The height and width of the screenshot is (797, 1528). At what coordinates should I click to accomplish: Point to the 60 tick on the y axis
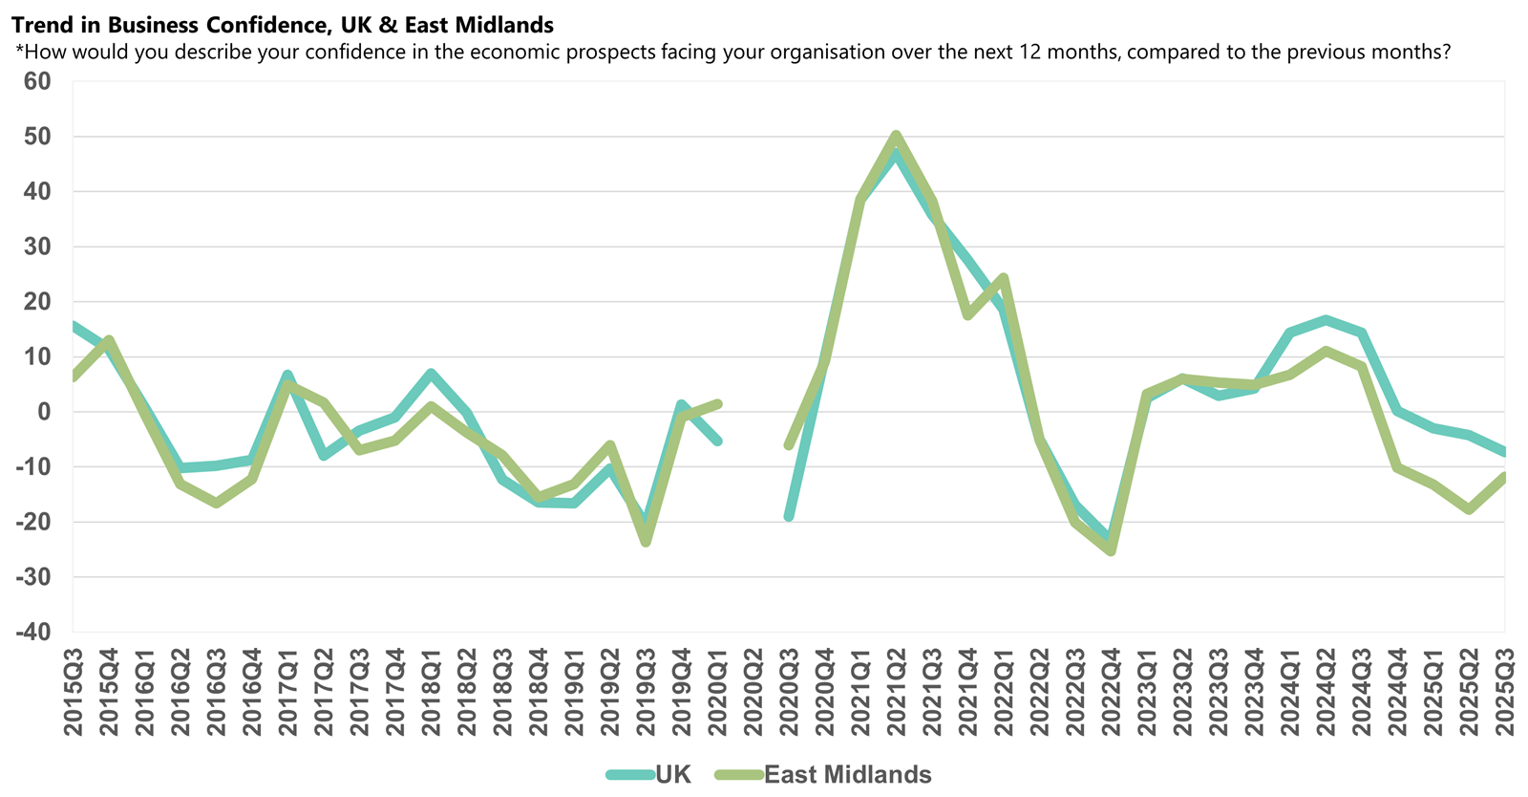click(x=37, y=81)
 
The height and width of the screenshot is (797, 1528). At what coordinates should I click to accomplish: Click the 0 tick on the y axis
click(x=44, y=412)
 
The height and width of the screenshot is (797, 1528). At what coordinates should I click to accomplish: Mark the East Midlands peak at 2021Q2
click(x=896, y=135)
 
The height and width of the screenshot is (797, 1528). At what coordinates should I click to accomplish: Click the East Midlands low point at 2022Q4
click(x=1111, y=551)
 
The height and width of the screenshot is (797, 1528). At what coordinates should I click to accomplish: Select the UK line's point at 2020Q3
click(x=789, y=517)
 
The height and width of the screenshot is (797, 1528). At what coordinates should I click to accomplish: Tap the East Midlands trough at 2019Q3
click(x=646, y=542)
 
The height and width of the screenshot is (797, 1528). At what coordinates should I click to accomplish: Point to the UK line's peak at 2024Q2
click(x=1326, y=319)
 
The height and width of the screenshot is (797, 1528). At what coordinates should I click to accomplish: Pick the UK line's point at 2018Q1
click(x=431, y=373)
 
